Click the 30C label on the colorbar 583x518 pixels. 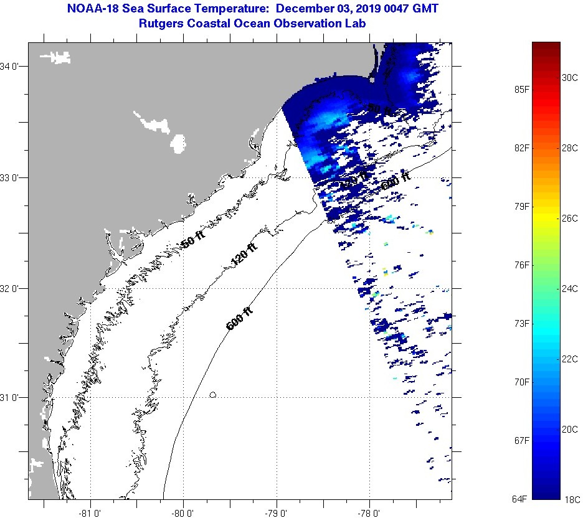click(x=570, y=78)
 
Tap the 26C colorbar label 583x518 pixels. click(x=570, y=219)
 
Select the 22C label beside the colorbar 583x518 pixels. click(x=570, y=359)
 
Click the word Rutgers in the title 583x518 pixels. click(x=161, y=24)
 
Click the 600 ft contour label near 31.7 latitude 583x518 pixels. click(x=239, y=318)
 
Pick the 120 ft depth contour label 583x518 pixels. click(x=244, y=255)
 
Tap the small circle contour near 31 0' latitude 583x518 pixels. click(x=213, y=395)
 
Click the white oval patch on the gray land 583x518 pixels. click(x=178, y=143)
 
